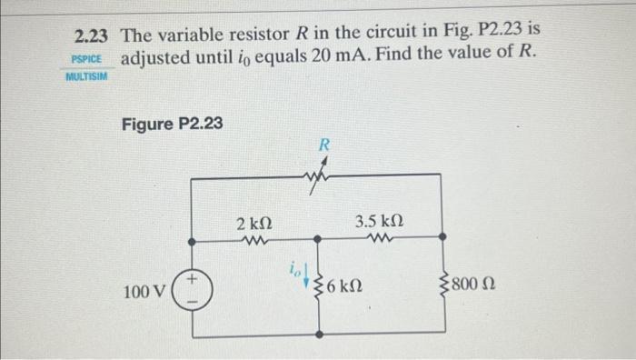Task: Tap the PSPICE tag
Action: (x=87, y=59)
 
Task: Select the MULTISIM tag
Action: (x=86, y=77)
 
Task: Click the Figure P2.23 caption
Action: (x=172, y=124)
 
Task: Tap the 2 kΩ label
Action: (x=252, y=223)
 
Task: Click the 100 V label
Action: (x=144, y=293)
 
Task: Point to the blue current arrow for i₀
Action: (x=305, y=274)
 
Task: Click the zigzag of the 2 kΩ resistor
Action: (x=253, y=241)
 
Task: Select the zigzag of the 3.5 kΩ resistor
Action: (x=379, y=240)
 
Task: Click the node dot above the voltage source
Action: (x=193, y=242)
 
